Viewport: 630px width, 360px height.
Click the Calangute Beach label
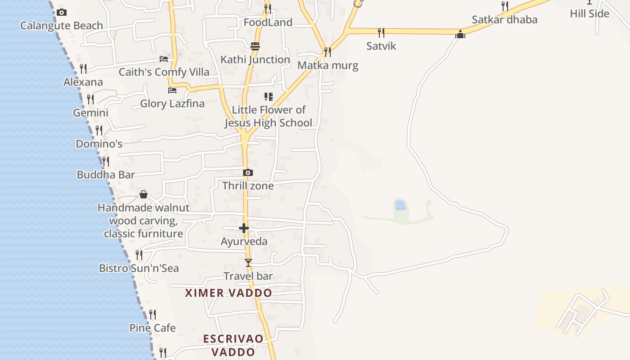62,26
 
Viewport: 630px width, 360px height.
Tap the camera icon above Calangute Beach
62,13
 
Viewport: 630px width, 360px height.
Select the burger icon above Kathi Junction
255,46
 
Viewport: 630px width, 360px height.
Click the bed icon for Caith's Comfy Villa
164,59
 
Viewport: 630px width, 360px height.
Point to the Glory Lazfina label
172,103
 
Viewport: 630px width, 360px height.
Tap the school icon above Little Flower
269,97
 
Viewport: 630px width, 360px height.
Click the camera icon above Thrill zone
247,173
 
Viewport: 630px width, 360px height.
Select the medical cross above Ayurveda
244,228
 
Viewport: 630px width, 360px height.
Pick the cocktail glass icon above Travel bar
248,262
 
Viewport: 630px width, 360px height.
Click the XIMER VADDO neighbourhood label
229,293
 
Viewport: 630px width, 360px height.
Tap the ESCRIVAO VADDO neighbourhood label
233,345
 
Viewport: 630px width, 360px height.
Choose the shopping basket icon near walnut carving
144,194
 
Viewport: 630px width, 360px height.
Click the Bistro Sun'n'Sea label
139,268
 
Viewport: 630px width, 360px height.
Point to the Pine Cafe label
153,328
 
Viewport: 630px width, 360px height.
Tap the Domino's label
99,144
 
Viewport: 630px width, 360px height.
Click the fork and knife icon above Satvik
381,32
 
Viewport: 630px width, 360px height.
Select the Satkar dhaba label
504,20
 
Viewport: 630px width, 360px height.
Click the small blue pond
400,206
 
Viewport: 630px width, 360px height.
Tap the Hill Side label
589,14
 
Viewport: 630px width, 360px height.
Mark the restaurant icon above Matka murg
328,52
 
